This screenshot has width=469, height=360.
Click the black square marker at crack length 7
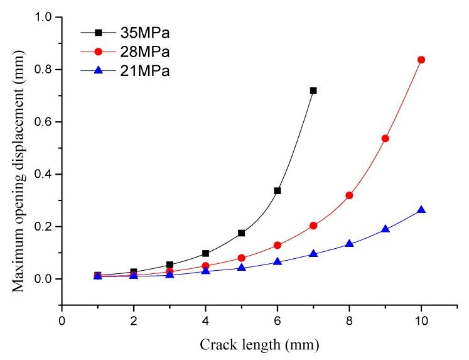pyautogui.click(x=313, y=90)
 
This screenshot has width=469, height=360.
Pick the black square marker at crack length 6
pyautogui.click(x=278, y=190)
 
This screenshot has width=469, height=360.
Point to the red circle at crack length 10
pyautogui.click(x=421, y=60)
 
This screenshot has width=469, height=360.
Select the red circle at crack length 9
pyautogui.click(x=385, y=138)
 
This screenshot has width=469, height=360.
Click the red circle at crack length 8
pyautogui.click(x=349, y=195)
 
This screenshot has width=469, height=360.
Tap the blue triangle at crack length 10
pyautogui.click(x=421, y=210)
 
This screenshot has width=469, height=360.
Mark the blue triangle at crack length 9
pyautogui.click(x=385, y=229)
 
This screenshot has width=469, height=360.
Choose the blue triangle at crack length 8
pyautogui.click(x=349, y=243)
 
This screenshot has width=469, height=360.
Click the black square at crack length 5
pyautogui.click(x=241, y=233)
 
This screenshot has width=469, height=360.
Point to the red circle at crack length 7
pyautogui.click(x=313, y=226)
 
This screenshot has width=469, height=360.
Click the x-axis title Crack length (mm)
pyautogui.click(x=259, y=344)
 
